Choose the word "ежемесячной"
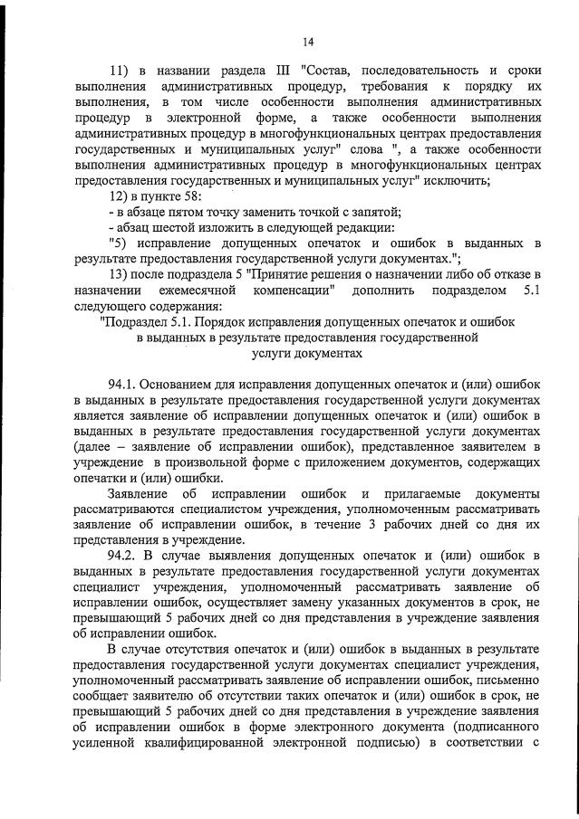tap(194, 290)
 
